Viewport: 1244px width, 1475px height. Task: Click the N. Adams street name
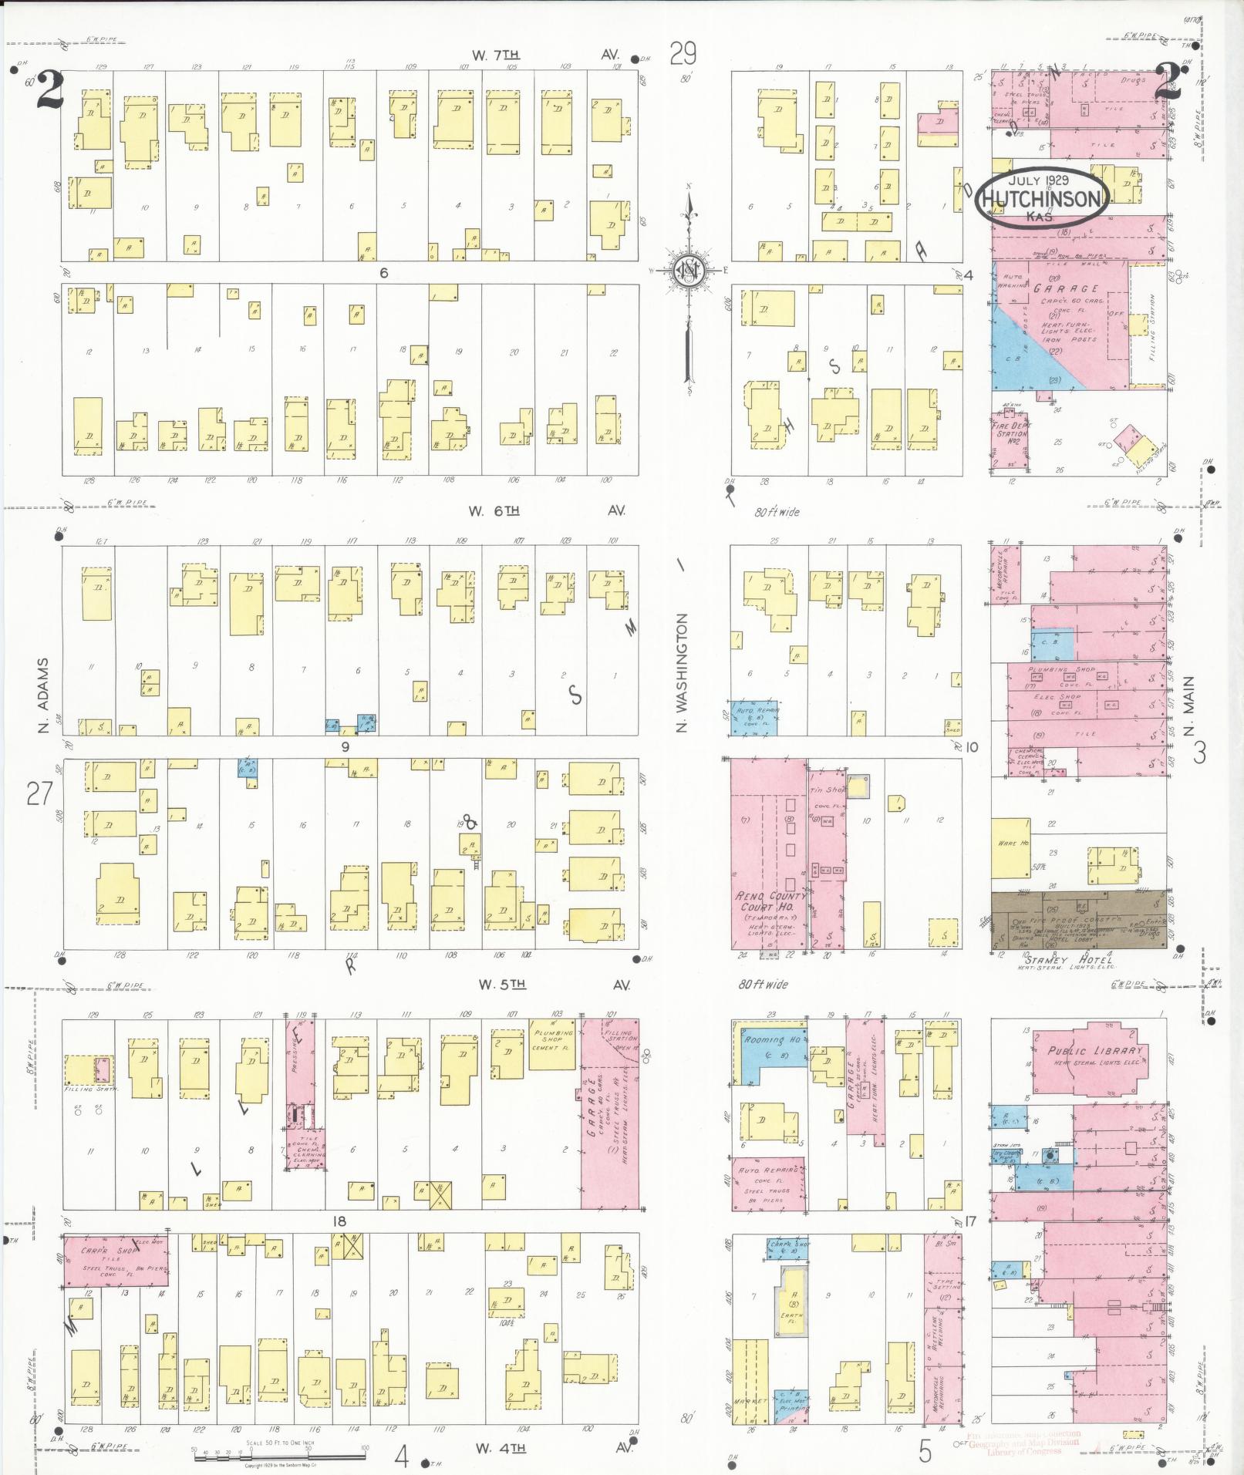click(43, 695)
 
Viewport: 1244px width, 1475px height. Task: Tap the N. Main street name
click(1188, 706)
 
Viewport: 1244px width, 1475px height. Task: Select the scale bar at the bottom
click(278, 1456)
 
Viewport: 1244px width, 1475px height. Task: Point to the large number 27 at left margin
click(39, 793)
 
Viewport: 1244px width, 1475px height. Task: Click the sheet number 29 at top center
click(683, 54)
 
